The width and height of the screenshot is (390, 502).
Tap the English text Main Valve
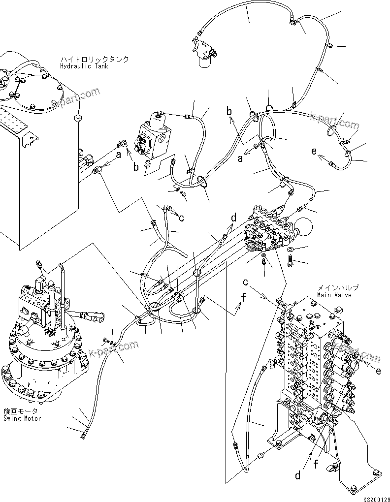pyautogui.click(x=334, y=295)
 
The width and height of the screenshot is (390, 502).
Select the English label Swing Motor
pyautogui.click(x=22, y=418)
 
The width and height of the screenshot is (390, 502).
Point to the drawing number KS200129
pyautogui.click(x=375, y=498)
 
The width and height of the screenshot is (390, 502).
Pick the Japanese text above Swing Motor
pyautogui.click(x=20, y=411)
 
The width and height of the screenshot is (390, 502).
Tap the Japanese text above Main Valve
pyautogui.click(x=337, y=287)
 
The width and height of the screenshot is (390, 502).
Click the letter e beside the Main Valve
pyautogui.click(x=378, y=372)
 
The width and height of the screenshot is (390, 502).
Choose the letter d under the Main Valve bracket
pyautogui.click(x=298, y=475)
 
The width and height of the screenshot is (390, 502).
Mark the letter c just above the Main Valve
pyautogui.click(x=245, y=282)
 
